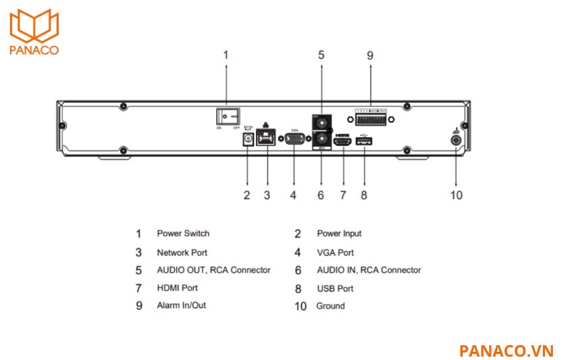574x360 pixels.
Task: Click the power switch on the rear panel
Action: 226,115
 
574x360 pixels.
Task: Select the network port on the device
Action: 267,138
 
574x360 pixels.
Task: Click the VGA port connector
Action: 294,138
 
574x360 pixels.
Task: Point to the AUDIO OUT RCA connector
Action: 321,124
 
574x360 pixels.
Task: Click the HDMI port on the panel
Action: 344,141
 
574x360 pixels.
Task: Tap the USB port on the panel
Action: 365,141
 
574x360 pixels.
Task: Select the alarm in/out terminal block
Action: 371,119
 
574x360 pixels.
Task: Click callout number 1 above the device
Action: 226,55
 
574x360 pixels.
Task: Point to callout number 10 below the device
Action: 456,195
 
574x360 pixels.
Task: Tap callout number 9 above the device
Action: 370,55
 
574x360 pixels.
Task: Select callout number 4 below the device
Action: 293,195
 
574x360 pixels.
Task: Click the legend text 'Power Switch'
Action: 183,234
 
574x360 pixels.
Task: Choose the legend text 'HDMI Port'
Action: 177,288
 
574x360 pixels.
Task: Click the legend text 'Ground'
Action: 330,306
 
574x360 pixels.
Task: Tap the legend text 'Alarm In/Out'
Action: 181,305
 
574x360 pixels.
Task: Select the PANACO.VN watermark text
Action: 506,351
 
